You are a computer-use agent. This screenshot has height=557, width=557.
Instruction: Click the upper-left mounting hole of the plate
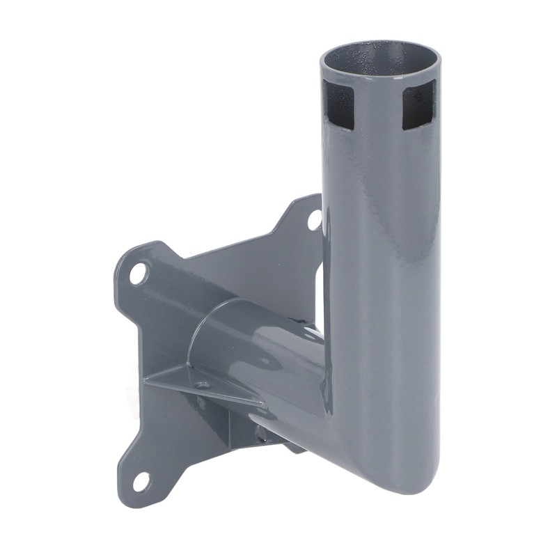click(x=138, y=274)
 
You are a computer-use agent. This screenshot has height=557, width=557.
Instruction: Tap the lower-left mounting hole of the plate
click(x=141, y=480)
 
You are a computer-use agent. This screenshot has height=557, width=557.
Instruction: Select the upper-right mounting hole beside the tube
click(x=314, y=219)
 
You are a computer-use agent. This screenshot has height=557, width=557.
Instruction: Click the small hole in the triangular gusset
click(x=203, y=384)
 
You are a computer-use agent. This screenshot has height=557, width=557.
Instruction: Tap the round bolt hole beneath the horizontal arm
click(x=260, y=435)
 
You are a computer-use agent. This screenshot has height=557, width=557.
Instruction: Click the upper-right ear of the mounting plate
click(x=306, y=212)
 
